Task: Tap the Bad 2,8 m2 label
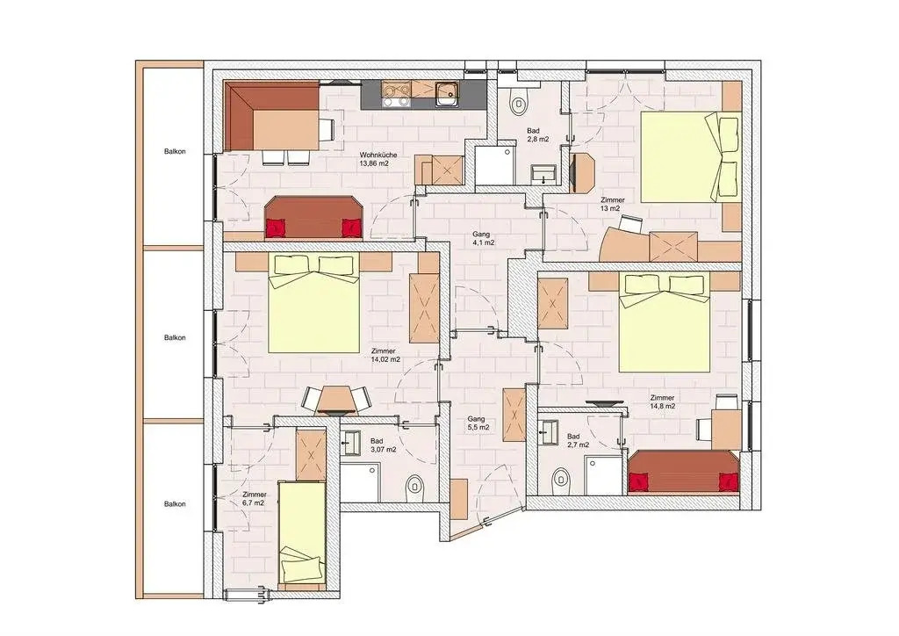click(x=538, y=134)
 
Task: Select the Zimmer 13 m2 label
click(x=612, y=204)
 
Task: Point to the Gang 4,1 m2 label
click(x=484, y=239)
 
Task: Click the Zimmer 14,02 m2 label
click(x=385, y=356)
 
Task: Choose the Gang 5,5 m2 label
click(x=478, y=423)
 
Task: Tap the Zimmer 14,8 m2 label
click(x=662, y=401)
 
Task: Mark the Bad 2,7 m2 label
click(x=578, y=440)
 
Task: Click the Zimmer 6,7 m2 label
click(x=254, y=498)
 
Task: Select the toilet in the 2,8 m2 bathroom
click(x=519, y=103)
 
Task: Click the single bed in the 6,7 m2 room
click(x=302, y=532)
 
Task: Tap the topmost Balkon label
click(x=175, y=152)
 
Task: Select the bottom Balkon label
click(x=175, y=504)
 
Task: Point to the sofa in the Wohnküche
click(x=314, y=217)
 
